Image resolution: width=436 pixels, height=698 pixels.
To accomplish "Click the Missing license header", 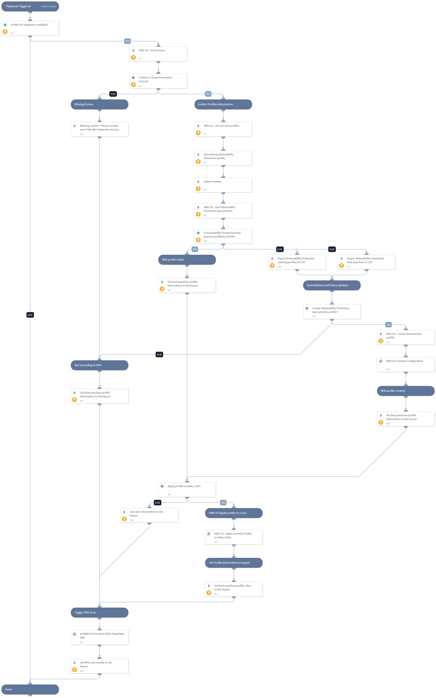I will click(x=99, y=104).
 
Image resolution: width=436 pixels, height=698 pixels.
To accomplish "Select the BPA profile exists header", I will click(x=187, y=260).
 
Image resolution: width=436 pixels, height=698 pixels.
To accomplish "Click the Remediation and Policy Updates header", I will click(x=332, y=285).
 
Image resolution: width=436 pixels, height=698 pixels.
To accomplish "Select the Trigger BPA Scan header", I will click(x=99, y=612).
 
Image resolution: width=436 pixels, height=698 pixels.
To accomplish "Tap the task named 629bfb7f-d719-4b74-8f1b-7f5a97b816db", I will click(x=99, y=638).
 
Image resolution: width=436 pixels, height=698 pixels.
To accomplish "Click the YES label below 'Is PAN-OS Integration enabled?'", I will click(x=127, y=41).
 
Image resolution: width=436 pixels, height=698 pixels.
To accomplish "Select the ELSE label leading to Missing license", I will click(x=113, y=94).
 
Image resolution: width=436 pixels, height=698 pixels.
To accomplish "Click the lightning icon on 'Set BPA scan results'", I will click(x=74, y=670).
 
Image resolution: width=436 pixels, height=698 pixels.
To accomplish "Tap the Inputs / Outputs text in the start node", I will click(x=48, y=6).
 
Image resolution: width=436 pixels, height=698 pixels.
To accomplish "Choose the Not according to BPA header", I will click(x=99, y=365).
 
